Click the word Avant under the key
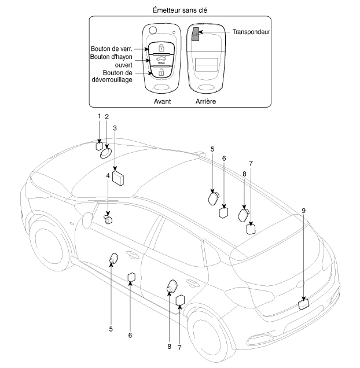click(162, 101)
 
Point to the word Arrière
click(205, 101)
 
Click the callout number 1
click(99, 116)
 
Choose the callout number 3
click(115, 127)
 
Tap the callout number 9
click(303, 211)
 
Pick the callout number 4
click(108, 175)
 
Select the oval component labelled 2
click(106, 154)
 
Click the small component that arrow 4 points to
click(108, 219)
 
